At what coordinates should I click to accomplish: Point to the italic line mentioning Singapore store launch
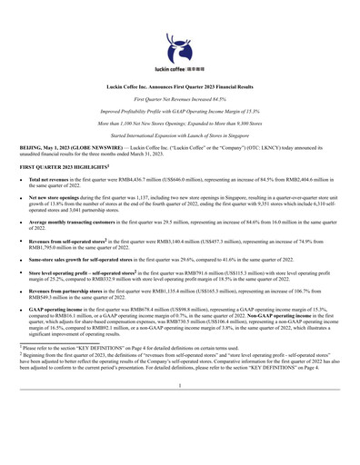click(179, 132)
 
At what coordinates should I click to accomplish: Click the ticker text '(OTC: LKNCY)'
click(274, 145)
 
